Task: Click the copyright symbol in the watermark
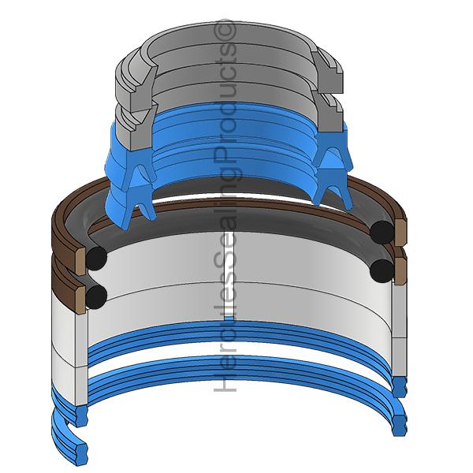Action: point(226,30)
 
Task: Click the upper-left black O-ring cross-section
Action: point(97,257)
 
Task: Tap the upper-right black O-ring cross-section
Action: point(382,231)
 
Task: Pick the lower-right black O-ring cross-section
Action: point(382,270)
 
